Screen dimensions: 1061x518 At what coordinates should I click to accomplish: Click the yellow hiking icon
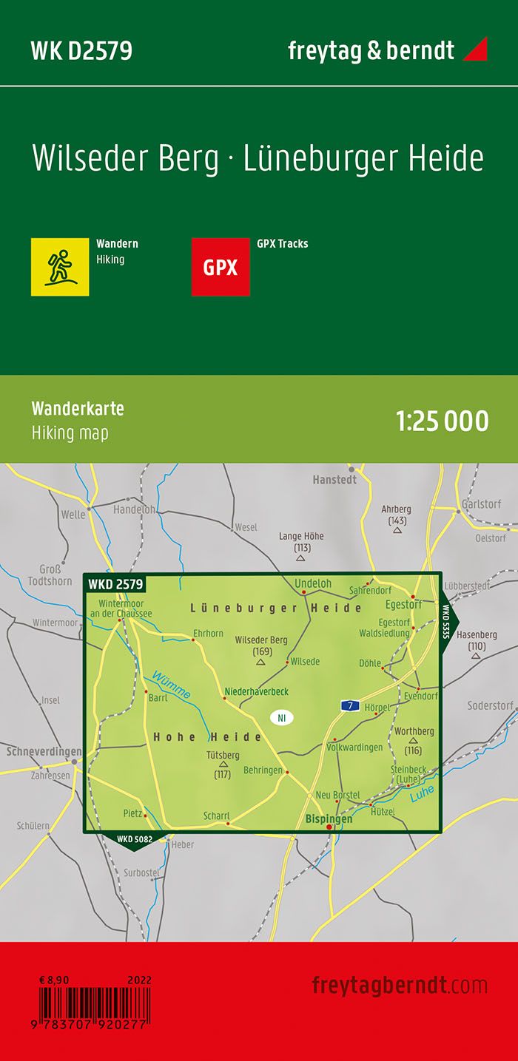(x=60, y=267)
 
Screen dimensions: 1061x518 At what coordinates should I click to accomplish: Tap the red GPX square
(x=221, y=267)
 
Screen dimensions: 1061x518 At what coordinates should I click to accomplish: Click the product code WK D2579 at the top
(x=81, y=50)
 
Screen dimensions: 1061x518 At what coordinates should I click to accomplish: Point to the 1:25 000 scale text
(x=443, y=421)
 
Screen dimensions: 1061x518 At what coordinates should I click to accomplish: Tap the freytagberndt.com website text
(x=400, y=985)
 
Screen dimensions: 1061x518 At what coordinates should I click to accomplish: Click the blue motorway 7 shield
(x=350, y=705)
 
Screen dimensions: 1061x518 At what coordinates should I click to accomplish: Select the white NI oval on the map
(x=281, y=717)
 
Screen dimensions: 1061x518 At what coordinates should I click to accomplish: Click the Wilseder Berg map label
(x=261, y=640)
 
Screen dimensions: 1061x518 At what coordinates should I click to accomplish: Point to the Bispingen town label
(x=329, y=819)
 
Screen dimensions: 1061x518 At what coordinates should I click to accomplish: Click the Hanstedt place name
(x=334, y=479)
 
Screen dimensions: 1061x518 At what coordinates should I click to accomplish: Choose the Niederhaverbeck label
(x=256, y=691)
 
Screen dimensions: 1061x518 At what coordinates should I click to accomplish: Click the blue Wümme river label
(x=172, y=683)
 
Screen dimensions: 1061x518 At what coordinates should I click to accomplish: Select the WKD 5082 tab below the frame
(x=135, y=838)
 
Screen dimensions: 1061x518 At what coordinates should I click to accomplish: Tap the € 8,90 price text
(x=55, y=980)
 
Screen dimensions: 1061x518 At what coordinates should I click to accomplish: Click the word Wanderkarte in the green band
(x=78, y=409)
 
